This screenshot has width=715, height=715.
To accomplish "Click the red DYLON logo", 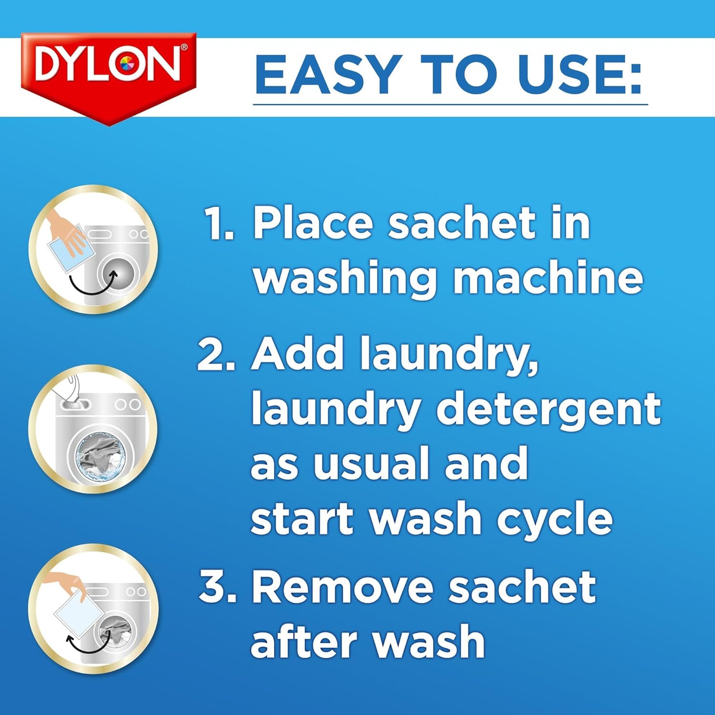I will pyautogui.click(x=109, y=69).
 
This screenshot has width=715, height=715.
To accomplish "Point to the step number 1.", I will pyautogui.click(x=219, y=224).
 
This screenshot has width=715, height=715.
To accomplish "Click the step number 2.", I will pyautogui.click(x=216, y=354).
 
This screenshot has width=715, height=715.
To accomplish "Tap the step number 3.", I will pyautogui.click(x=218, y=587).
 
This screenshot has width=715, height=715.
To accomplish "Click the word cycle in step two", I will pyautogui.click(x=554, y=520).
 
